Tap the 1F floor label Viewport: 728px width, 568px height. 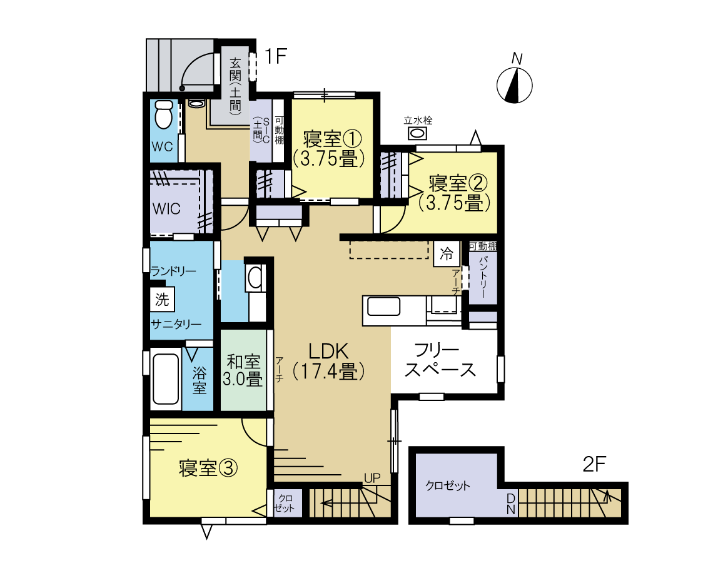coord(276,56)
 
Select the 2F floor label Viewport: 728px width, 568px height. coord(595,464)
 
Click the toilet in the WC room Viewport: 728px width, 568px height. coord(163,114)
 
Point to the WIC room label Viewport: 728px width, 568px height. coord(166,208)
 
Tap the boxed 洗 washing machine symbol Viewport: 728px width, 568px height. coord(162,300)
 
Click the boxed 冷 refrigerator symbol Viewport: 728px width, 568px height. coord(446,253)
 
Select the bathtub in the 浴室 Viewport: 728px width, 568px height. coord(165,380)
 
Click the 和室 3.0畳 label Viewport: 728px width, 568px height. coord(243,370)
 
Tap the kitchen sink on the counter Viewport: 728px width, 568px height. coord(383,307)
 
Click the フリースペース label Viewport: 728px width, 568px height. coord(440,360)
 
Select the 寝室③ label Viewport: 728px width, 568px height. coord(208,468)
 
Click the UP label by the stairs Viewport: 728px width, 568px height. coord(372,478)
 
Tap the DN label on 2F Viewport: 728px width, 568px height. coord(511,504)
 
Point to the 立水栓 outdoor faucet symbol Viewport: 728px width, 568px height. coord(418,133)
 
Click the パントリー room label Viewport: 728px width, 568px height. coord(483,277)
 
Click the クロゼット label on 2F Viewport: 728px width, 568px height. coord(448,486)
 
